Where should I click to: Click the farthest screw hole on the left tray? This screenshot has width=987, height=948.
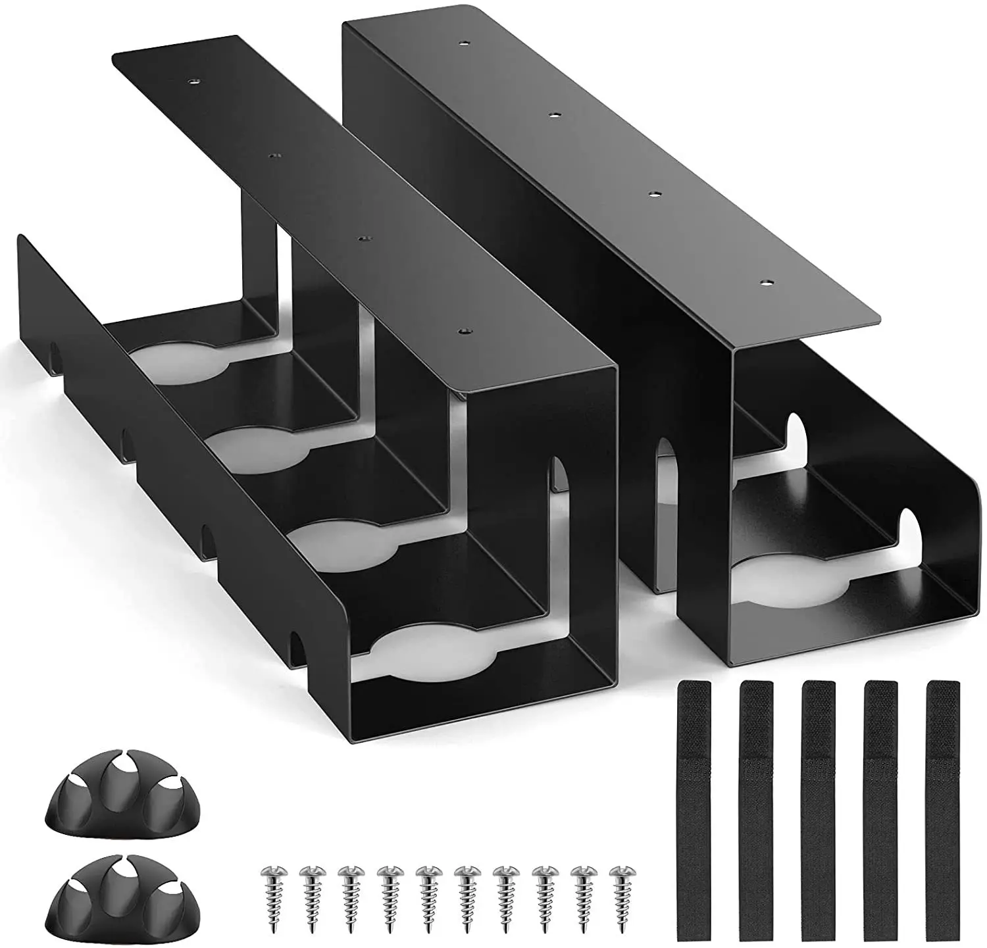[x=193, y=83]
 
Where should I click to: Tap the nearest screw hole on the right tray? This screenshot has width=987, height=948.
[x=766, y=283]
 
